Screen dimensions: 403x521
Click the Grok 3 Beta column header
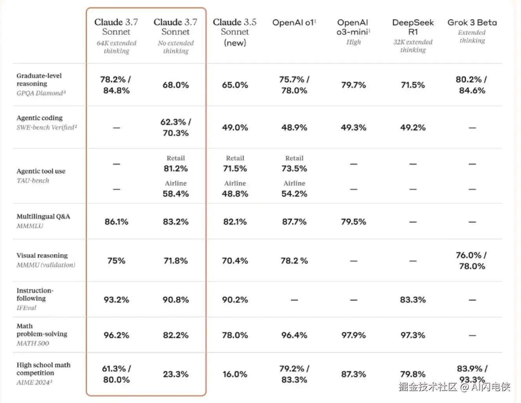click(472, 23)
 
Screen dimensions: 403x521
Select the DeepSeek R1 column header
click(413, 27)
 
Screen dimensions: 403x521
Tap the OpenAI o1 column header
click(294, 23)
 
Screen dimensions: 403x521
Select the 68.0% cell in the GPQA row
click(176, 85)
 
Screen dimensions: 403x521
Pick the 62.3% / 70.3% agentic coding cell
click(176, 127)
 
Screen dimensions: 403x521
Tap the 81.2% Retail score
click(176, 169)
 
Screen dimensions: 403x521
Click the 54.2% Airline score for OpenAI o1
click(294, 194)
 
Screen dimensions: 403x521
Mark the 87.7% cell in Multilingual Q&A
click(294, 222)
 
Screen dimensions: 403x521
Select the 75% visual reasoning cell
click(116, 261)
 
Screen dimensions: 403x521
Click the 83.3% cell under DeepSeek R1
click(413, 300)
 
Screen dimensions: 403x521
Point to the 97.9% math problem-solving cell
click(353, 336)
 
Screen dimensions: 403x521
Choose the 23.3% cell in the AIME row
click(176, 374)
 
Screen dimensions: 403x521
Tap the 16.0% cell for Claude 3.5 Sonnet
click(235, 374)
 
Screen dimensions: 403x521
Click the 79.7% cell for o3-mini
click(353, 85)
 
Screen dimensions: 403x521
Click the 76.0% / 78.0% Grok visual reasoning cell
click(472, 261)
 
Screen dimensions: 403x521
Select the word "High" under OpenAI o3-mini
click(353, 42)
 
